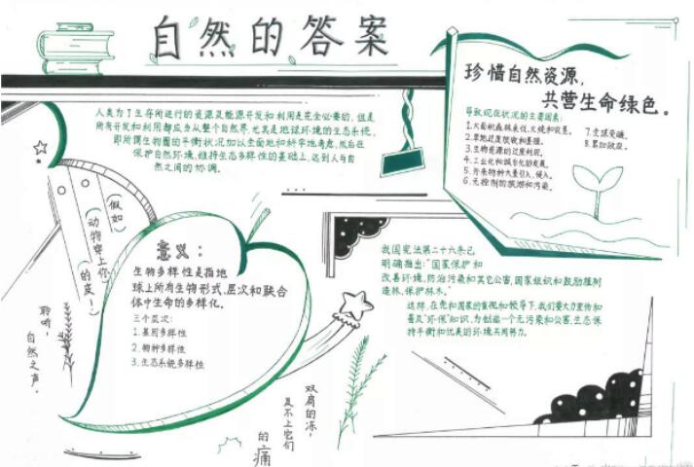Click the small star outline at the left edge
(x=40, y=148)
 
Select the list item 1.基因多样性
(x=163, y=332)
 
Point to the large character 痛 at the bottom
(x=263, y=452)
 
